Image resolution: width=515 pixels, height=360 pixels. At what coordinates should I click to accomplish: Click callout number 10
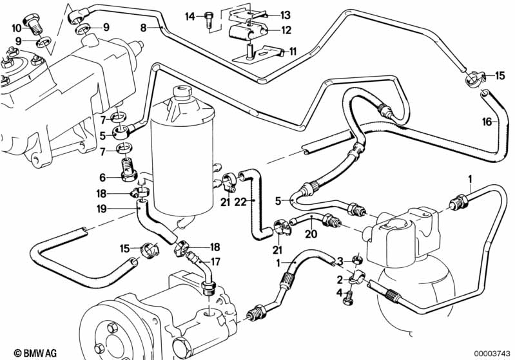coord(17,28)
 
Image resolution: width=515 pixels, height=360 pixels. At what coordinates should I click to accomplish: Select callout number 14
coord(190,16)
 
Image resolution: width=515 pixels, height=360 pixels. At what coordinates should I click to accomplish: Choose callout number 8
coord(144,27)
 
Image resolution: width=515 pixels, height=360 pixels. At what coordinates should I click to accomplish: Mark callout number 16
coord(487,121)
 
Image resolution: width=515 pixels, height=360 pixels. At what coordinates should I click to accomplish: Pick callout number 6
coord(102,178)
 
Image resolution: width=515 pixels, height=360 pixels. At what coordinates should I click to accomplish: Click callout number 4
coord(340,293)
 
